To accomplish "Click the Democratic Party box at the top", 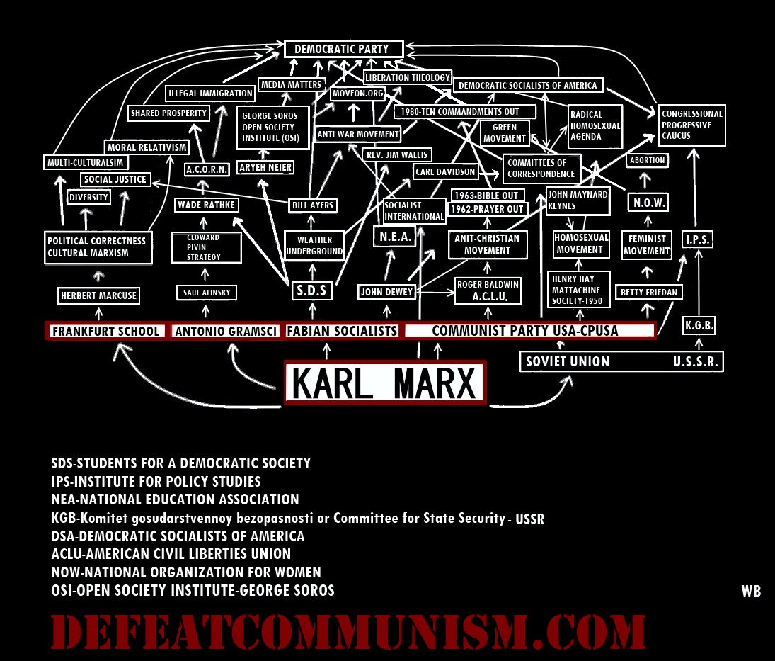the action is [x=344, y=50].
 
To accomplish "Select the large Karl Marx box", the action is [x=385, y=383].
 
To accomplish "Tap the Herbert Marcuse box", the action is [x=98, y=295].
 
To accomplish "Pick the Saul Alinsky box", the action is [x=206, y=293].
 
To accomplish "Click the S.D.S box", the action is [x=312, y=291].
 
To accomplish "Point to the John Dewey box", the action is [x=386, y=292].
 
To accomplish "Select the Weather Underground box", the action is [x=314, y=246].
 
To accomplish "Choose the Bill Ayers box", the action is [x=312, y=205].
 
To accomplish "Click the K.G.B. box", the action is [x=699, y=326].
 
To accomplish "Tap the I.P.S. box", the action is [x=697, y=239].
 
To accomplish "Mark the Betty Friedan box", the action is [x=650, y=292].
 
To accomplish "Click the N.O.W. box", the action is [x=648, y=203].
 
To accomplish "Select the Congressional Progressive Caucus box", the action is [x=691, y=125].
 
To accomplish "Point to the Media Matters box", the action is [x=291, y=85].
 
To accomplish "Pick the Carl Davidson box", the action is [x=446, y=171].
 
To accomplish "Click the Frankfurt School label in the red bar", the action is [x=105, y=331].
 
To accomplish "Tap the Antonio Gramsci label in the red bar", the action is [x=226, y=331].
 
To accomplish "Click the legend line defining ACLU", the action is [x=171, y=554].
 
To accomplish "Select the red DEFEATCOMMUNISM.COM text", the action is [x=348, y=631].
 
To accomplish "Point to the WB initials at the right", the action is [x=751, y=591].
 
